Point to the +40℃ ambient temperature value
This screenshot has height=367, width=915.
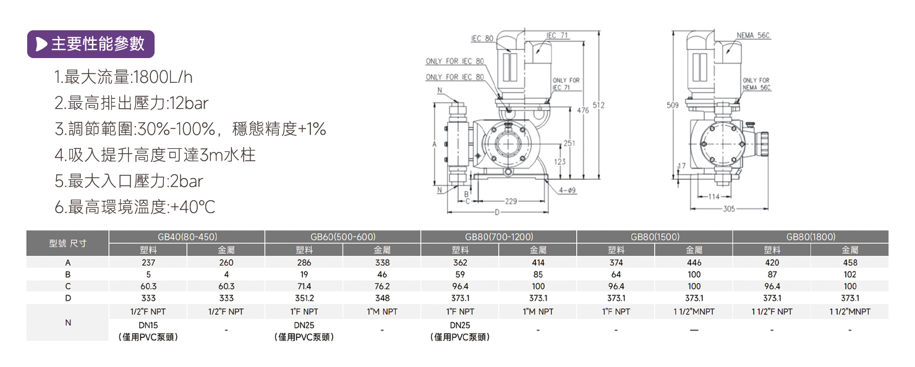192,207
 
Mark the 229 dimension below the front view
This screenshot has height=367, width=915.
511,201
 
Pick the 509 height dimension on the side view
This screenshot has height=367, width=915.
673,106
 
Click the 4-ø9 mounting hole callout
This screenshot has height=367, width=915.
568,191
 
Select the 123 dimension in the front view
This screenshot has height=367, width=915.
560,162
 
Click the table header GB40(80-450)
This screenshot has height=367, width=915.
187,237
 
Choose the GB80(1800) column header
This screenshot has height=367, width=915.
811,237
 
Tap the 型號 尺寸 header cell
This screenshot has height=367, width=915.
67,243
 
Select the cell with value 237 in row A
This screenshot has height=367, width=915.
148,263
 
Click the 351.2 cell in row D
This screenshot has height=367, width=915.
304,298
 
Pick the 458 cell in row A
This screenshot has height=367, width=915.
849,263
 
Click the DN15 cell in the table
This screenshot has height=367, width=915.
148,325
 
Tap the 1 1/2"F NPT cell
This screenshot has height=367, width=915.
772,312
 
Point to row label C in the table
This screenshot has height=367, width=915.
67,286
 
